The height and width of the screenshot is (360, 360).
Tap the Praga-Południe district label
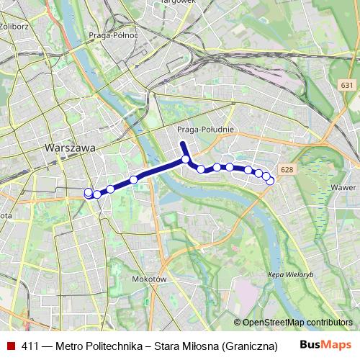pyautogui.click(x=201, y=130)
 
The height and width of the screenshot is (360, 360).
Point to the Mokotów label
pyautogui.click(x=150, y=279)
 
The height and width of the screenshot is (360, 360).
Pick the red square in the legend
pyautogui.click(x=10, y=345)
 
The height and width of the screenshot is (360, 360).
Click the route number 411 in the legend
pyautogui.click(x=31, y=345)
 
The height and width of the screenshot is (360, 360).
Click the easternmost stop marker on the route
pyautogui.click(x=270, y=181)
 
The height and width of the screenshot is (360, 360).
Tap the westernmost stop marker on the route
pyautogui.click(x=89, y=193)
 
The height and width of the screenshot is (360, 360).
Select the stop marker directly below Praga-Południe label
pyautogui.click(x=186, y=159)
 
